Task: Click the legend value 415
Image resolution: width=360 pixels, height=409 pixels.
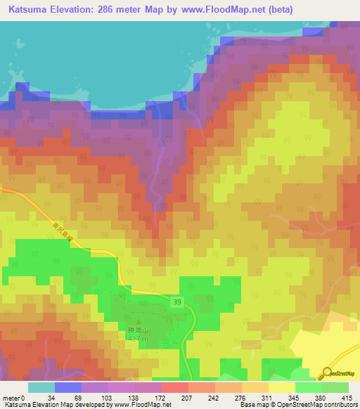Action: pyautogui.click(x=347, y=398)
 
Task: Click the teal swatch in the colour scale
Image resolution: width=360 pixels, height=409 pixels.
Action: pyautogui.click(x=41, y=387)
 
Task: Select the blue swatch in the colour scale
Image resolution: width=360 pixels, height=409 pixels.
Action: pyautogui.click(x=67, y=387)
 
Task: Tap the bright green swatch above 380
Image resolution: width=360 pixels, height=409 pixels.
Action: pyautogui.click(x=307, y=387)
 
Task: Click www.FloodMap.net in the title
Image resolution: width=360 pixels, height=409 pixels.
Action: pyautogui.click(x=222, y=9)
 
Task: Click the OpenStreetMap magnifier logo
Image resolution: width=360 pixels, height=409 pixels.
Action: pyautogui.click(x=328, y=372)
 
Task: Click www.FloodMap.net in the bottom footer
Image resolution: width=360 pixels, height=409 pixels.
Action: pyautogui.click(x=143, y=405)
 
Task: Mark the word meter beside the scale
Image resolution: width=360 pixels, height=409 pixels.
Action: pyautogui.click(x=11, y=398)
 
